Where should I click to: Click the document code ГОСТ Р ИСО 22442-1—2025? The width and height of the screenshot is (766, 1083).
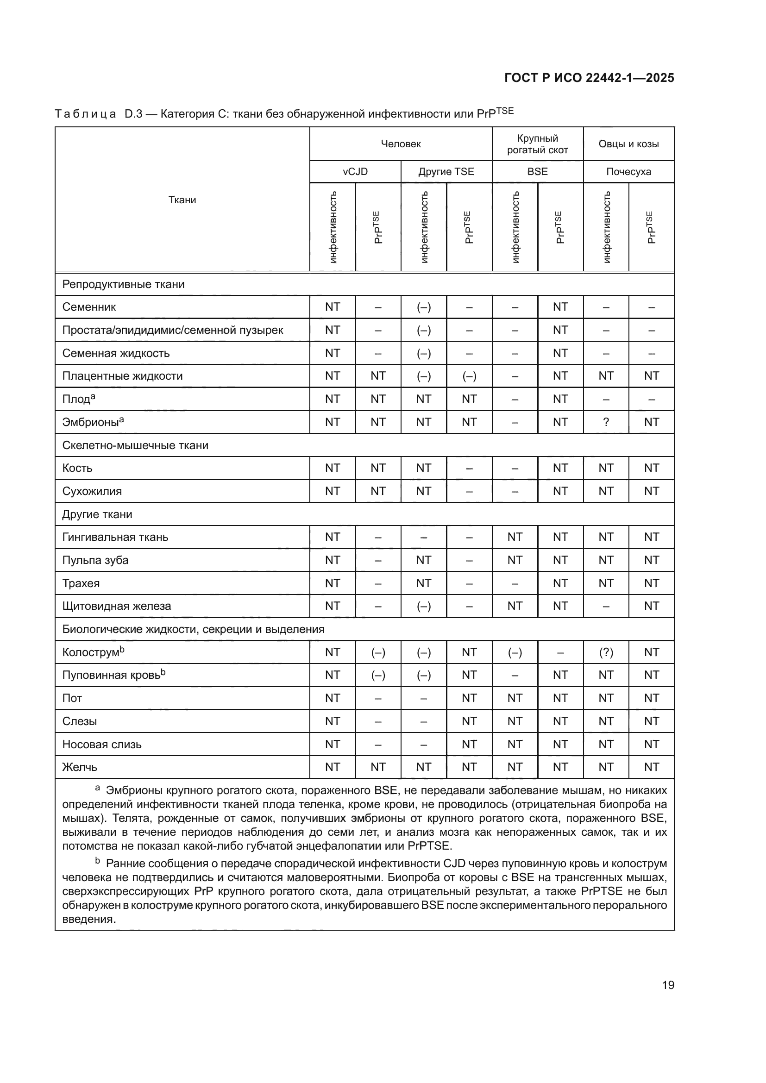pos(589,78)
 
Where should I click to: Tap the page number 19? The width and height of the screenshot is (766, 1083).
pos(668,985)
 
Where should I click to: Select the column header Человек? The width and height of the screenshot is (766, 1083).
pos(401,144)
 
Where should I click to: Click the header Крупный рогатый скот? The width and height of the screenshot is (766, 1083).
pos(537,144)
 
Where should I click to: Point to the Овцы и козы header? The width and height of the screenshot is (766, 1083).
pos(628,144)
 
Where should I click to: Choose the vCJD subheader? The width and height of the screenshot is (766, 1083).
pos(355,172)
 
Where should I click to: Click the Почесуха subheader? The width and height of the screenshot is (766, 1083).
pos(628,172)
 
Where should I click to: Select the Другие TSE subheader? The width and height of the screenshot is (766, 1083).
pos(446,172)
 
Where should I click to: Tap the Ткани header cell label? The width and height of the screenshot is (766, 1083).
pos(182,200)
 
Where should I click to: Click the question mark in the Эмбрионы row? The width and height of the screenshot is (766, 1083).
pos(606,422)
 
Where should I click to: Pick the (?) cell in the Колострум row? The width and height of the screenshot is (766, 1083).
pos(606,652)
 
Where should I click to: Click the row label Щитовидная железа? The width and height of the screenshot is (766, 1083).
pos(117,606)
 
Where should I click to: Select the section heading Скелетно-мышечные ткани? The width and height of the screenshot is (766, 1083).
pos(135,445)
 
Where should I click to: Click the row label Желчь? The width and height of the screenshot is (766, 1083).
pos(80,767)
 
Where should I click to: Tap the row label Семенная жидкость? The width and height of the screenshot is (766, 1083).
pos(116,353)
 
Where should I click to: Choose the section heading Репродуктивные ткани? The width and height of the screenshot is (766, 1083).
pos(123,284)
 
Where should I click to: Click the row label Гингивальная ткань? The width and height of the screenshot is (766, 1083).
pos(115,537)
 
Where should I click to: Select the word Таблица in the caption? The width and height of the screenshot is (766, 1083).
pos(85,114)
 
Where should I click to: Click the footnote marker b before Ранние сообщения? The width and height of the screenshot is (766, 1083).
pos(98,861)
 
